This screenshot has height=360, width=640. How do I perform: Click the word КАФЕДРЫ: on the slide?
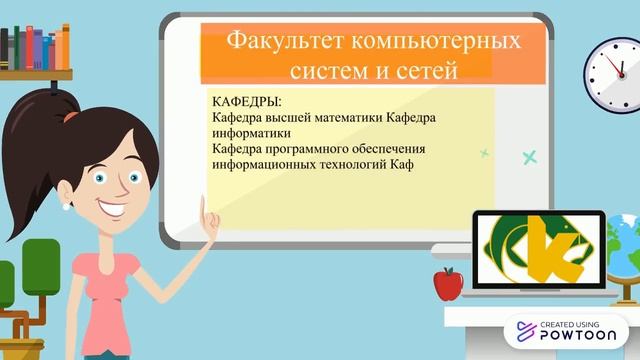[x=248, y=102]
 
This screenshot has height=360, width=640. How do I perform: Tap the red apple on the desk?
[x=447, y=284]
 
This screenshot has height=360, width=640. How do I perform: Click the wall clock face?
[x=613, y=75]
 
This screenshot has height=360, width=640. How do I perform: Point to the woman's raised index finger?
[x=205, y=205]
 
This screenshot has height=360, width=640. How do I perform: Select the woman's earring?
[x=65, y=208]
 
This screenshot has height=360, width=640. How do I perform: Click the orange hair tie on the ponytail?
[x=70, y=115]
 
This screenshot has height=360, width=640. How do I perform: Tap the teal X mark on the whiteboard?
[x=529, y=156]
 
